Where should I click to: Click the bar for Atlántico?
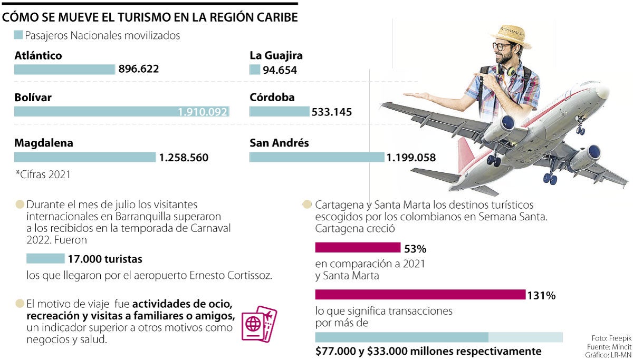64,69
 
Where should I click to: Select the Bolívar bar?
121,112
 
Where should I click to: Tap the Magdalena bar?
85,157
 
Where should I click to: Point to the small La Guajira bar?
255,70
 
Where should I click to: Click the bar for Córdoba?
279,112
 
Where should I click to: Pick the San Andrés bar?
316,157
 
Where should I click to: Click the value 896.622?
139,69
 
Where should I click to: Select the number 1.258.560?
184,157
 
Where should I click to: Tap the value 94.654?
280,70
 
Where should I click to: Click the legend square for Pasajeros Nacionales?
18,35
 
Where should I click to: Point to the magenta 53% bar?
358,248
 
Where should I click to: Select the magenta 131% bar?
420,295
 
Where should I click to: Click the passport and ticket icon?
258,323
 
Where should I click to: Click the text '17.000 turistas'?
105,259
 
